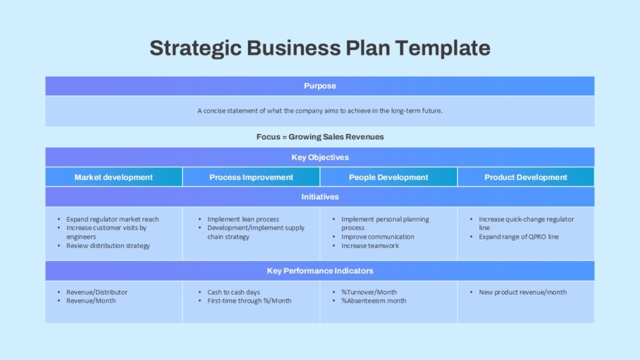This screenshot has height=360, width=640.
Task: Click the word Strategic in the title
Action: coord(195,49)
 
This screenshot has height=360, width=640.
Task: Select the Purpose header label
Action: coord(320,86)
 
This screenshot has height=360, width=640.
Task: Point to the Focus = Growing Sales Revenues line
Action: coord(320,137)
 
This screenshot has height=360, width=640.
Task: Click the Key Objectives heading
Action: coord(320,157)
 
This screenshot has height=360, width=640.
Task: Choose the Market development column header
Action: coord(113,177)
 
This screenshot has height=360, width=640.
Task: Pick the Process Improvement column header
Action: coord(251,177)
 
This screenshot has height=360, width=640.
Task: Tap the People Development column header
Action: coord(389,177)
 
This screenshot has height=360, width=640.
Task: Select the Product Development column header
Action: coord(525,177)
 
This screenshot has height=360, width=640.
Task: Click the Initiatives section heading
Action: coord(320,197)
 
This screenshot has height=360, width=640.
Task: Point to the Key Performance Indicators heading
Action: coord(320,271)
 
